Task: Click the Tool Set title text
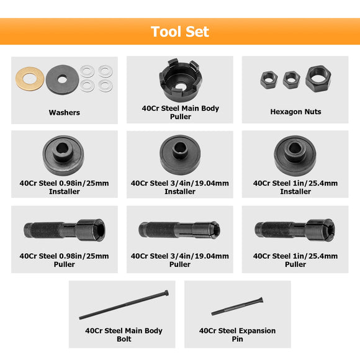click(x=180, y=31)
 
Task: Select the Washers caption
click(x=64, y=112)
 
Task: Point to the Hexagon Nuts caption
click(x=295, y=112)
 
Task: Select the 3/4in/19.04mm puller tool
click(x=180, y=230)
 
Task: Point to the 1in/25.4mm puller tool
click(x=295, y=229)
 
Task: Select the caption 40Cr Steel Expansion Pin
click(x=238, y=335)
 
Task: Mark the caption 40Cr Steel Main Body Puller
click(x=180, y=112)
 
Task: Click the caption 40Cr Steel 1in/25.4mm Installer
click(x=295, y=187)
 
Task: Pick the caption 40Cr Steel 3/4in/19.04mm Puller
click(x=180, y=260)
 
